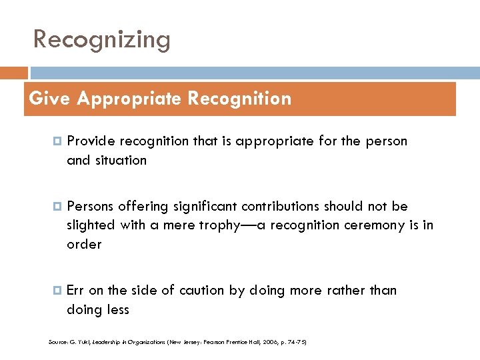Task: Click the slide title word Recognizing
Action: point(102,40)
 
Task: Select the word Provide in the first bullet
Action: point(91,141)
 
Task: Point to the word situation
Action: point(121,160)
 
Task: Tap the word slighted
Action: point(91,225)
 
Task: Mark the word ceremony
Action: point(376,225)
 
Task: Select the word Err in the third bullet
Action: point(75,290)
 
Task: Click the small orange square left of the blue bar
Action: point(14,73)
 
